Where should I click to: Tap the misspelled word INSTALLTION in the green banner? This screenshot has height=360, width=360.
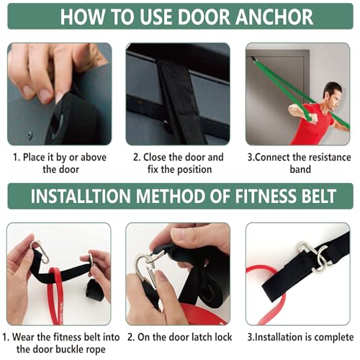coord(78,197)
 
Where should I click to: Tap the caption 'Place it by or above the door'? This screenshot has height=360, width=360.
coord(59,163)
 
